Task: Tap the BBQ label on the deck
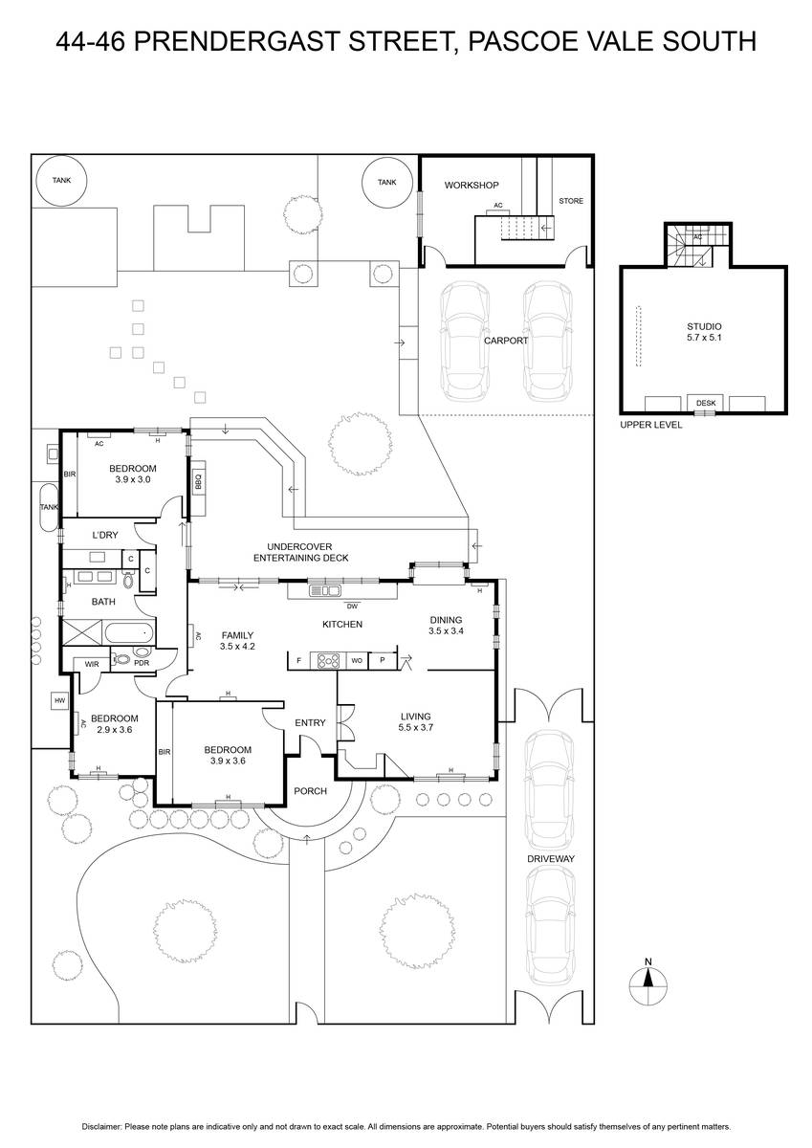[198, 482]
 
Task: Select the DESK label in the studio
[706, 403]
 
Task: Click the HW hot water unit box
[60, 700]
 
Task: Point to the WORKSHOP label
[472, 185]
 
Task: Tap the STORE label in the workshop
[571, 201]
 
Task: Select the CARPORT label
[506, 341]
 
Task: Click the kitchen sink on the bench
[325, 591]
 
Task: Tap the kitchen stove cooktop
[328, 661]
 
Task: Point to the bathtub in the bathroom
[128, 633]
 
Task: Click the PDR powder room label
[142, 663]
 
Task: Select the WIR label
[92, 664]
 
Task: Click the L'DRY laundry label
[105, 535]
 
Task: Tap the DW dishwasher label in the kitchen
[352, 607]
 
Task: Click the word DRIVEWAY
[551, 858]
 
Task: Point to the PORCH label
[311, 791]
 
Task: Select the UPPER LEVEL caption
[650, 425]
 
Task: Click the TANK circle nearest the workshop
[386, 182]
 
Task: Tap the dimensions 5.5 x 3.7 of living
[415, 727]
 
